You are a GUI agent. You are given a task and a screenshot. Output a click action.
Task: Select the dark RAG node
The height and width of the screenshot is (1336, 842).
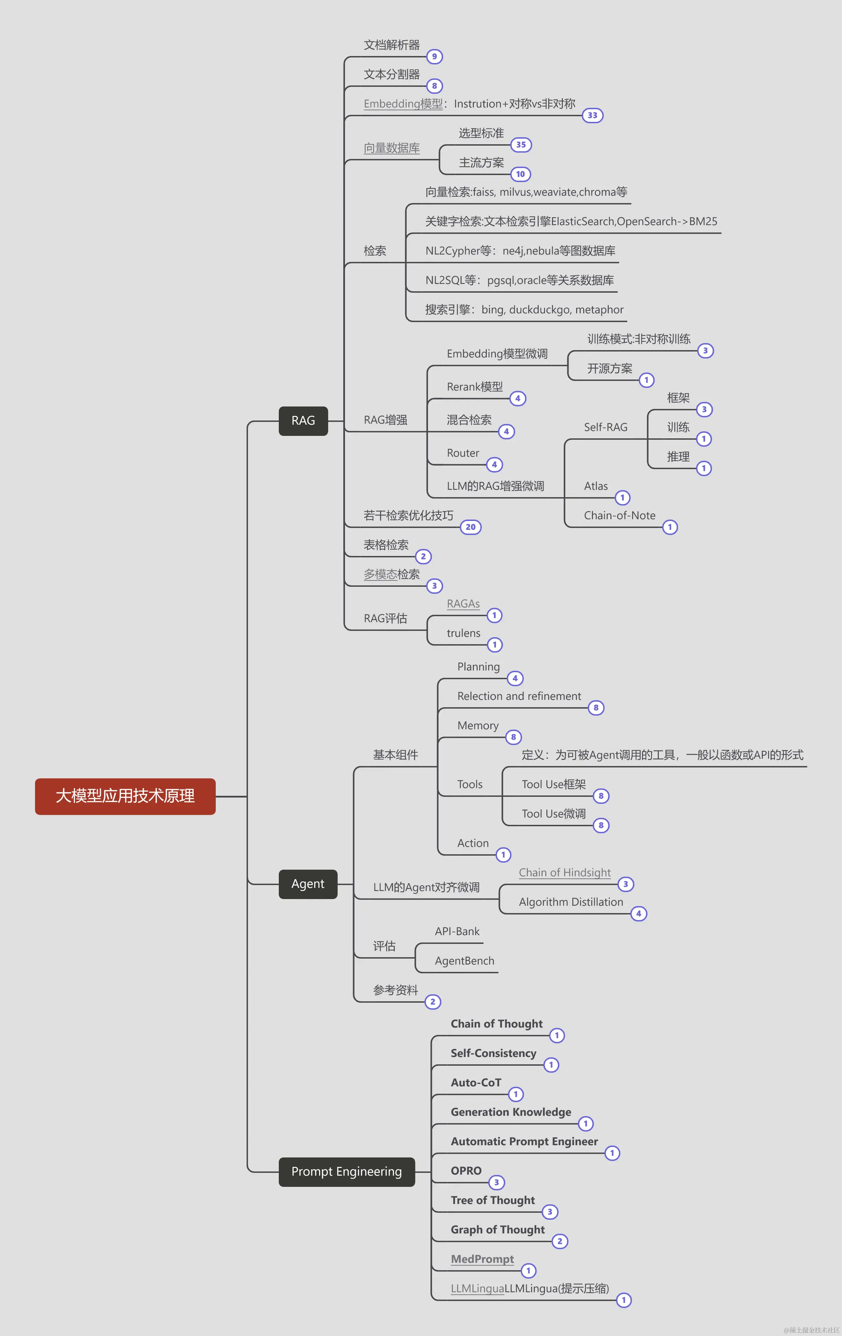click(x=303, y=420)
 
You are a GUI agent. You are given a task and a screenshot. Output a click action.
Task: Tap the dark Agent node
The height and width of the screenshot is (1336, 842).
click(x=308, y=884)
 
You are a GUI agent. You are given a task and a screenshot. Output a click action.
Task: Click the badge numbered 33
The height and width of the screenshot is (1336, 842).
click(x=592, y=116)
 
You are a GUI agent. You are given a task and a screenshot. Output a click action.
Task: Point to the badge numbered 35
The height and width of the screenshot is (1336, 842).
click(x=520, y=145)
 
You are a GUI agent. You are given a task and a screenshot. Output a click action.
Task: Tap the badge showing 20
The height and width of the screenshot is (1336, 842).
click(x=470, y=527)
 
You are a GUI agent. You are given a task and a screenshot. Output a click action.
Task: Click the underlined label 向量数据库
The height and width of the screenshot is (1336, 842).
click(x=391, y=148)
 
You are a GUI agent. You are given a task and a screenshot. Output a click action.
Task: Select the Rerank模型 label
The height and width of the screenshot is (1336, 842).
click(x=475, y=387)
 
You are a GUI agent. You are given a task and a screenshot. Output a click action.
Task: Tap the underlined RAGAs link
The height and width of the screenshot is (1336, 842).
click(x=463, y=604)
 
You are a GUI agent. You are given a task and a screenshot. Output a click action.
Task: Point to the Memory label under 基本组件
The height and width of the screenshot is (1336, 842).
click(x=478, y=726)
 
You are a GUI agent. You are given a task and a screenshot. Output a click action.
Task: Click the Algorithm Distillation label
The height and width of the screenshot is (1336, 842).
click(x=571, y=902)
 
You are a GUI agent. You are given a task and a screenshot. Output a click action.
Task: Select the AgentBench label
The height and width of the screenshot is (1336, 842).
click(x=464, y=961)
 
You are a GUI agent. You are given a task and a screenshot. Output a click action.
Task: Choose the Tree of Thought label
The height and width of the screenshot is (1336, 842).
click(x=492, y=1200)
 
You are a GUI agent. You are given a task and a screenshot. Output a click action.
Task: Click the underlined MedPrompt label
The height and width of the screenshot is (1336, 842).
click(x=482, y=1259)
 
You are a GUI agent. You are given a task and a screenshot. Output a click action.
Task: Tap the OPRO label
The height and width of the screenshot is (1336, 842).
click(x=466, y=1171)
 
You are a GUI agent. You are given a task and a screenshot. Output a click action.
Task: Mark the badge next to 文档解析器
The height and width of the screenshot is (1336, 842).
click(x=434, y=57)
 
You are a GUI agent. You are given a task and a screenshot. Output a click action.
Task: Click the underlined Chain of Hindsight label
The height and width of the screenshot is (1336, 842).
click(x=565, y=873)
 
